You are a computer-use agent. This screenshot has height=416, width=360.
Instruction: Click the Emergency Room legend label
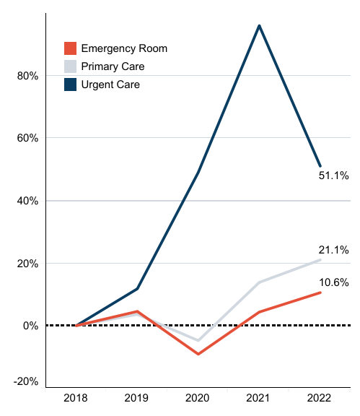tap(124, 48)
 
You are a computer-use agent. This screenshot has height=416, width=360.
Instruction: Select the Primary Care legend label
tap(113, 66)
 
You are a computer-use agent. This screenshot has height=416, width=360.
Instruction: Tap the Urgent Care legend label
tap(110, 84)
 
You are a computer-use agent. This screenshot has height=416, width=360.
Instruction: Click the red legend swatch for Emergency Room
tap(70, 48)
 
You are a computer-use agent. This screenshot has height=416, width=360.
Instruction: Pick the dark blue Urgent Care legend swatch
tap(70, 84)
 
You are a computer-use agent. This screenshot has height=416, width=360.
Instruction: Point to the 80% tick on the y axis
tap(27, 75)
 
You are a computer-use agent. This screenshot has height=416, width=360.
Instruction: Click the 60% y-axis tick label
tap(27, 138)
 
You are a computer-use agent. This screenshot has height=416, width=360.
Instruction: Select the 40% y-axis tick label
tap(27, 201)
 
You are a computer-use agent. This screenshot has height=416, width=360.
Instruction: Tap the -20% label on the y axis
tap(25, 381)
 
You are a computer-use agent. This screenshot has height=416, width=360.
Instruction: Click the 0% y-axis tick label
tap(30, 326)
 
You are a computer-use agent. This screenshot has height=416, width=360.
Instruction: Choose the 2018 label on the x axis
tap(76, 398)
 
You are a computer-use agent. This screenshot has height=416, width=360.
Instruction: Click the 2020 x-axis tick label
tap(198, 398)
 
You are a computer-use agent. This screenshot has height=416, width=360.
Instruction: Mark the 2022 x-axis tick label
tap(320, 398)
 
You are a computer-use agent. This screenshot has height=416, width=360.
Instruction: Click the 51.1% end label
tap(334, 175)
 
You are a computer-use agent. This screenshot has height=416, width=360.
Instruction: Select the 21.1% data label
tap(334, 250)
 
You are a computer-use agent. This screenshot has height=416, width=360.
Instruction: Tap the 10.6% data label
tap(334, 282)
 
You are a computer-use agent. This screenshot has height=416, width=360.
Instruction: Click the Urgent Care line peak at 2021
tap(259, 25)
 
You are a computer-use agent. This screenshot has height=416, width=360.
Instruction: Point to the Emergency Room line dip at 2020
tap(198, 354)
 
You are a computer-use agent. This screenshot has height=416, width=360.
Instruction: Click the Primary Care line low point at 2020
tap(198, 340)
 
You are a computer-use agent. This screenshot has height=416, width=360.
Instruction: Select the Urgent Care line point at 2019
tap(137, 289)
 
